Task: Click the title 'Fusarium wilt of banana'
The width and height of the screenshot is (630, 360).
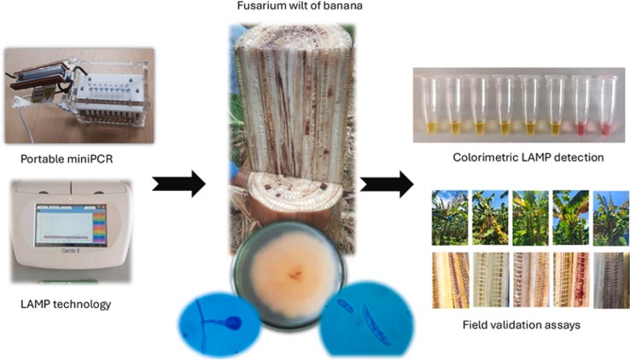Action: click(300, 6)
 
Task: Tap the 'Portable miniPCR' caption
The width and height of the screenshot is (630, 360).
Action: click(67, 159)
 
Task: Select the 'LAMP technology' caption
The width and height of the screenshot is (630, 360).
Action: click(66, 304)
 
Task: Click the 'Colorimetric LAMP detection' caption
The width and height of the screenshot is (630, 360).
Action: click(528, 157)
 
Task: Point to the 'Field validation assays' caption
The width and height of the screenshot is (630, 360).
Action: click(521, 324)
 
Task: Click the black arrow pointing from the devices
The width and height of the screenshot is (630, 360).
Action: click(178, 183)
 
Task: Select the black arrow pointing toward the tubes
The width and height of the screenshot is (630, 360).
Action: click(387, 183)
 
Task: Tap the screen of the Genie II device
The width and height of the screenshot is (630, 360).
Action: click(71, 224)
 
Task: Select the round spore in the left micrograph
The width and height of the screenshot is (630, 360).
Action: click(233, 322)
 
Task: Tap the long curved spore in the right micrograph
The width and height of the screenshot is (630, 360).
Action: click(376, 325)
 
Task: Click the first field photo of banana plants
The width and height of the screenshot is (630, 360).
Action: click(450, 218)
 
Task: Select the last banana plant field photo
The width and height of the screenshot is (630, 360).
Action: click(611, 218)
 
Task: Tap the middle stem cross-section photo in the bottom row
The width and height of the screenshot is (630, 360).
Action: click(530, 280)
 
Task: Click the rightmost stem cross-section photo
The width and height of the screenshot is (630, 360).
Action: click(611, 280)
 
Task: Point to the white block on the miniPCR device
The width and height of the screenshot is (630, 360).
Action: click(109, 90)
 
